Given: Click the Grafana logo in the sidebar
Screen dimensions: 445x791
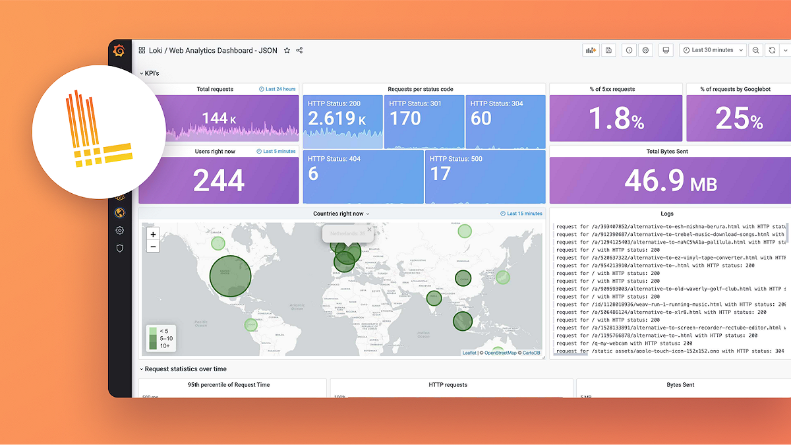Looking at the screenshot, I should click(119, 51).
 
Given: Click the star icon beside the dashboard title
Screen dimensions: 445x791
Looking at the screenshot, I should click(287, 50).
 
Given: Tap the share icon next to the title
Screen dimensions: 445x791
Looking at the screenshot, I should click(299, 50).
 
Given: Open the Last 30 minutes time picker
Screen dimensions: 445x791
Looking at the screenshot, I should click(713, 50).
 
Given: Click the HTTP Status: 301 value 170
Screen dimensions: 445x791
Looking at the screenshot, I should click(405, 119).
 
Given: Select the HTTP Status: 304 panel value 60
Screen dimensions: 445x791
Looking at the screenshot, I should click(481, 119).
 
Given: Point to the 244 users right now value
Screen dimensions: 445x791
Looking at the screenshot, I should click(219, 181).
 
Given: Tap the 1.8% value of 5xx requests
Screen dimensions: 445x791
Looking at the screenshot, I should click(616, 119).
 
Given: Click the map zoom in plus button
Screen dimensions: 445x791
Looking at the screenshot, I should click(153, 234).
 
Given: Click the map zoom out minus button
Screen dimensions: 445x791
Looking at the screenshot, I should click(153, 247).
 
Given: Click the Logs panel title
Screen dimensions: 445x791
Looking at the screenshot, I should click(667, 214).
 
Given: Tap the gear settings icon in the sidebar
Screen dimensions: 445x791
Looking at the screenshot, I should click(119, 230).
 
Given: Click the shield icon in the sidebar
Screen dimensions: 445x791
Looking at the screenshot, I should click(119, 248).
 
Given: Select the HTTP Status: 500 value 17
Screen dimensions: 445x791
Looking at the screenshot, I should click(440, 173).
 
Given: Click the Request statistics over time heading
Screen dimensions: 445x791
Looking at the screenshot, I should click(185, 369).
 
